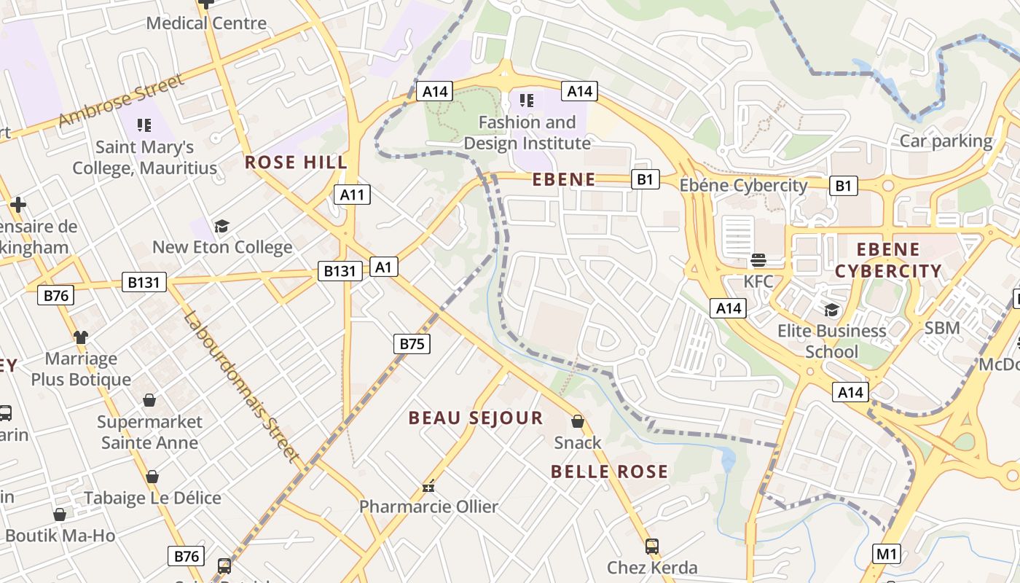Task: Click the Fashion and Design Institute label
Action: click(527, 133)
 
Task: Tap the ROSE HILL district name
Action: click(296, 162)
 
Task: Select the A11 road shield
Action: click(352, 195)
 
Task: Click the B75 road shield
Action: click(412, 344)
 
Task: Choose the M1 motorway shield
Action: click(886, 554)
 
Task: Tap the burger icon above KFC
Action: click(758, 260)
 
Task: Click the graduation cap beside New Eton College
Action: click(221, 226)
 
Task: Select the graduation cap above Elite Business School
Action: click(831, 310)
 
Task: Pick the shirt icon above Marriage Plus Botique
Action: click(80, 337)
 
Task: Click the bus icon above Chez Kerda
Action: click(652, 546)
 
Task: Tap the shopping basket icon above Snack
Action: click(578, 421)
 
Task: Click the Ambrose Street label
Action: click(122, 100)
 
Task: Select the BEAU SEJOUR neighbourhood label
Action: click(476, 418)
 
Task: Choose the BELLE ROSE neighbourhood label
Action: click(609, 472)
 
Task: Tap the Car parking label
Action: click(946, 141)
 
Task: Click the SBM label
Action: click(942, 329)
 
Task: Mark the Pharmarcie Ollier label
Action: click(428, 506)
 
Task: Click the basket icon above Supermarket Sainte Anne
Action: click(149, 400)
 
